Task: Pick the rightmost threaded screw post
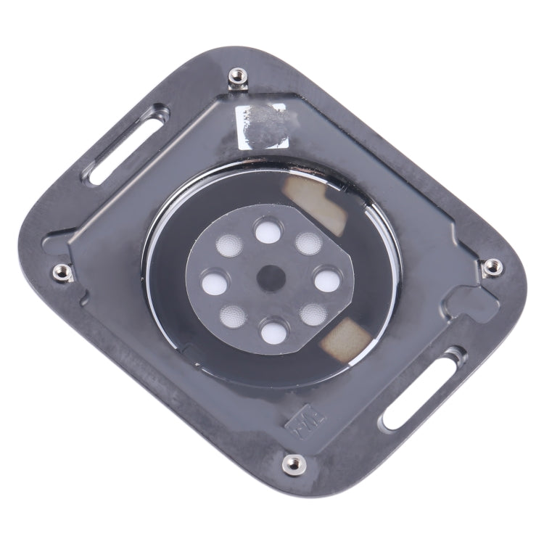pyautogui.click(x=492, y=266)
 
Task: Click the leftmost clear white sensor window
pyautogui.click(x=211, y=281)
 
